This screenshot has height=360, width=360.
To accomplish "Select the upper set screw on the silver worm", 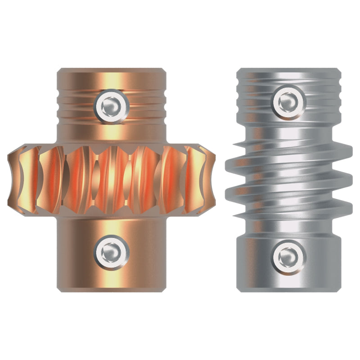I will (x=288, y=102).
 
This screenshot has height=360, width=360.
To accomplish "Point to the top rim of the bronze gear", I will (x=112, y=71).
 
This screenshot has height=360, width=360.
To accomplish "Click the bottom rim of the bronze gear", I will (x=112, y=289).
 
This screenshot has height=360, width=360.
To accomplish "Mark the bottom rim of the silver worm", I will (x=288, y=290).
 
